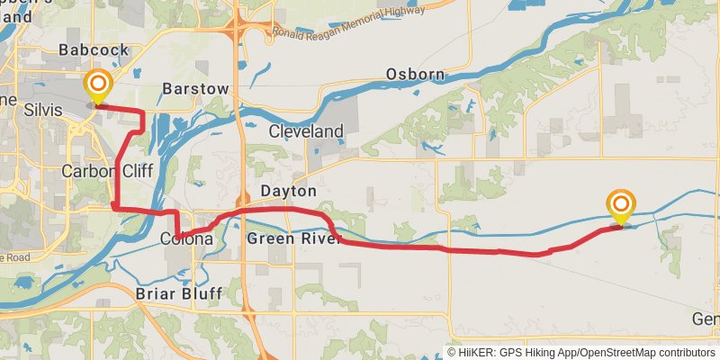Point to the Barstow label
point(195,88)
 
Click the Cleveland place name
point(307,131)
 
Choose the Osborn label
point(411,74)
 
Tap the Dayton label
point(289,191)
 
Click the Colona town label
point(186,239)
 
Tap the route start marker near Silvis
point(97,87)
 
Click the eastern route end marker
point(621,206)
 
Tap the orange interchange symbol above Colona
point(241,200)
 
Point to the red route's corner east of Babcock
point(143,112)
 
